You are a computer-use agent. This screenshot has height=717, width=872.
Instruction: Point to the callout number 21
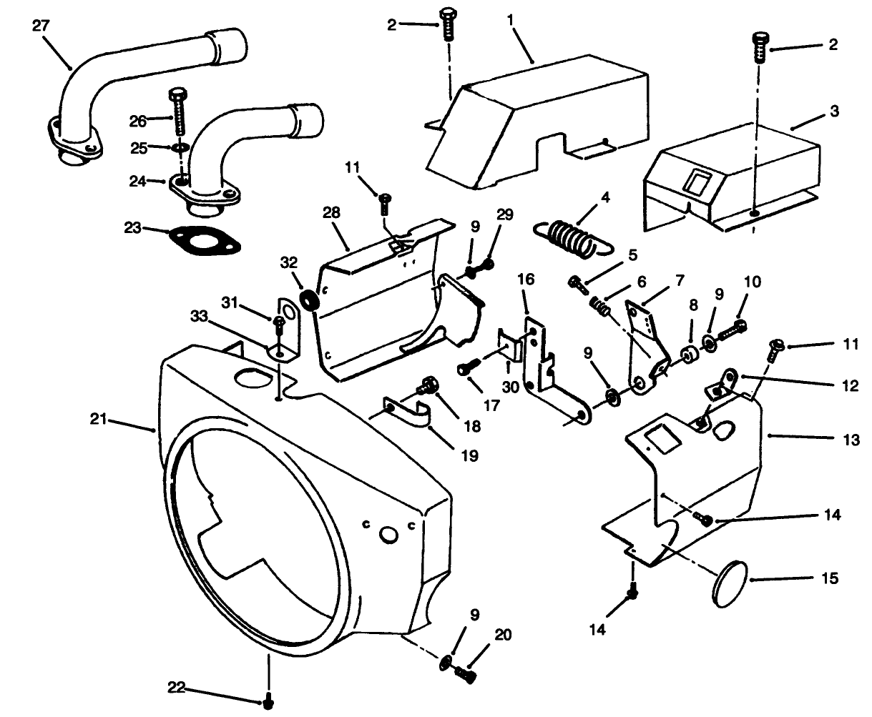98,420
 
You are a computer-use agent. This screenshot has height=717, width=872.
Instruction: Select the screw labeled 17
467,367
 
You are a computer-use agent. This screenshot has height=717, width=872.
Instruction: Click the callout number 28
331,213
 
